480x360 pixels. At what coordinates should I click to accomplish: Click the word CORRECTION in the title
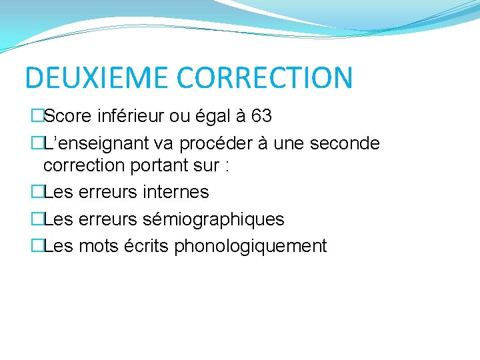point(264,78)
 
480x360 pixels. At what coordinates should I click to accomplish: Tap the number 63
point(261,116)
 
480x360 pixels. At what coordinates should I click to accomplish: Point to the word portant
point(161,167)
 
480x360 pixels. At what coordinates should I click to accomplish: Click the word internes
point(176,193)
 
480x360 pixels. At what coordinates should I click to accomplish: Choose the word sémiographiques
point(214,219)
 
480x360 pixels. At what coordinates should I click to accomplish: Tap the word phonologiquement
point(251,247)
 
